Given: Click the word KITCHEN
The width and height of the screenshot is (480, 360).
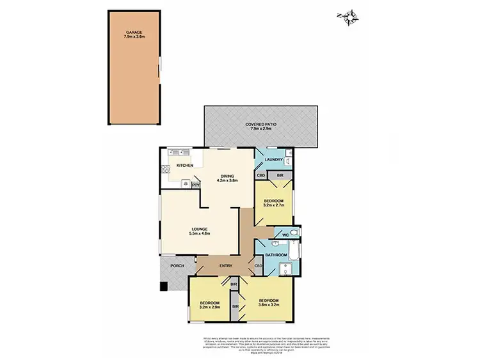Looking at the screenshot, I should pyautogui.click(x=185, y=166).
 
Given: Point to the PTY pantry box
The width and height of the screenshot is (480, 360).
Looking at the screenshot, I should pyautogui.click(x=195, y=185).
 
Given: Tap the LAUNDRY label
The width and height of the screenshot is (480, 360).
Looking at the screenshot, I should pyautogui.click(x=273, y=159).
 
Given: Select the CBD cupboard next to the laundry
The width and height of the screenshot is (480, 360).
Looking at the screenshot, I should pyautogui.click(x=261, y=175).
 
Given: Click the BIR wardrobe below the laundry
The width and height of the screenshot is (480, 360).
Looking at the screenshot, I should pyautogui.click(x=280, y=175).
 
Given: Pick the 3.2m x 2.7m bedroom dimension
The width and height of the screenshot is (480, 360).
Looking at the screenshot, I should pyautogui.click(x=277, y=205).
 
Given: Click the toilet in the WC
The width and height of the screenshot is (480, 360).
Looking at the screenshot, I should pyautogui.click(x=292, y=232).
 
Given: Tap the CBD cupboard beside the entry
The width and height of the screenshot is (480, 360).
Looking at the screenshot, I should pyautogui.click(x=259, y=266).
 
